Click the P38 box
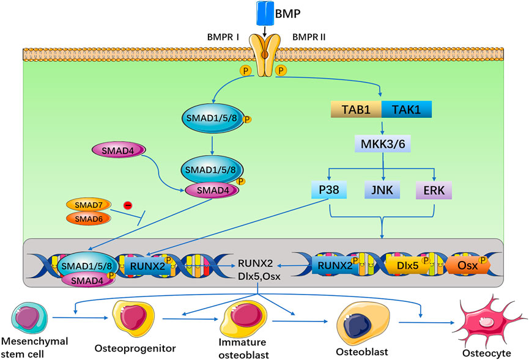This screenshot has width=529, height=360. [x=329, y=190]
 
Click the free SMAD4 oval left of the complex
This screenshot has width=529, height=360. [x=117, y=149]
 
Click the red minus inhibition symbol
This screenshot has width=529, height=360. [x=129, y=205]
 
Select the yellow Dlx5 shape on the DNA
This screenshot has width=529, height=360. [x=410, y=266]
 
